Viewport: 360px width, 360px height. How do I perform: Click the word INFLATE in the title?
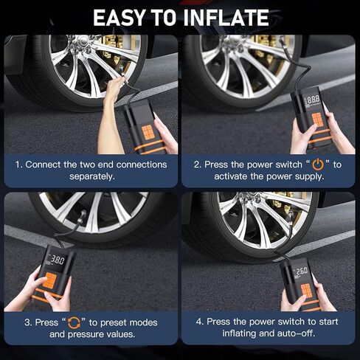click(226, 18)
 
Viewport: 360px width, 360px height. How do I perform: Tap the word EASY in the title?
click(119, 18)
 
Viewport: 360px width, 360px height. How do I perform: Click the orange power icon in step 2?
click(318, 165)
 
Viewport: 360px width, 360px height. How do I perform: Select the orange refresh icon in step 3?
click(74, 322)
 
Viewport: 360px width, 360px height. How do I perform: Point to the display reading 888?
click(313, 100)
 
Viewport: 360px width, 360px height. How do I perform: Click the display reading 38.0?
click(58, 260)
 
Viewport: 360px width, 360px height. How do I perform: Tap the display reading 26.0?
click(302, 271)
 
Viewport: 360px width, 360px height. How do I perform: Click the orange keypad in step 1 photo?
click(148, 132)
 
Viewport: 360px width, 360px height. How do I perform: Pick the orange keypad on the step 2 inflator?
click(317, 120)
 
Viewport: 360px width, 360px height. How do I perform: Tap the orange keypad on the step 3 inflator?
click(50, 280)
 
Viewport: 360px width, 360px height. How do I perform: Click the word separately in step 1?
click(92, 176)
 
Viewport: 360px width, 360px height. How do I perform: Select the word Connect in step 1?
click(43, 165)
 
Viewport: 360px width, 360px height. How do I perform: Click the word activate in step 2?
click(231, 176)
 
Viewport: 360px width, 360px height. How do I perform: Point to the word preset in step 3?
click(114, 322)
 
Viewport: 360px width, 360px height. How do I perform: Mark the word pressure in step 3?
click(86, 334)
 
